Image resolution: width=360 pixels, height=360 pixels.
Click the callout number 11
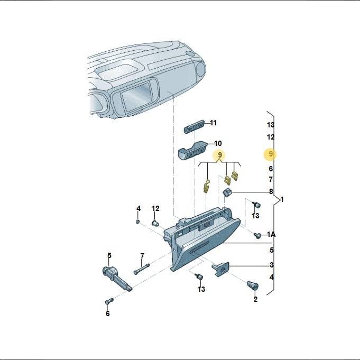click(213, 123)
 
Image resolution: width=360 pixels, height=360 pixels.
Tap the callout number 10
click(218, 143)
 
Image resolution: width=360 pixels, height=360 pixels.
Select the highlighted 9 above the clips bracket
click(220, 155)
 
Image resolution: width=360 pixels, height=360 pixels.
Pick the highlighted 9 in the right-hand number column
click(271, 154)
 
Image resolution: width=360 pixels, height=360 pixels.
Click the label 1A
click(271, 234)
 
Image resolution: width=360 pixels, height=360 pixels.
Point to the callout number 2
click(255, 299)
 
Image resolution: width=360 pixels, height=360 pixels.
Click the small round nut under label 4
click(138, 221)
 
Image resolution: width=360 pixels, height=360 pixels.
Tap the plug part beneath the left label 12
click(155, 223)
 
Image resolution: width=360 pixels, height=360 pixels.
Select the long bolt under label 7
click(142, 269)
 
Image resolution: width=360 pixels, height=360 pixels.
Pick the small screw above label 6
click(109, 301)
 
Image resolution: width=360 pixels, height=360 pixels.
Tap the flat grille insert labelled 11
click(194, 126)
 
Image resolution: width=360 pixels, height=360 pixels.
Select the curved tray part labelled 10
click(192, 150)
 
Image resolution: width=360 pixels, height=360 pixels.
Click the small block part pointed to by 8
click(228, 192)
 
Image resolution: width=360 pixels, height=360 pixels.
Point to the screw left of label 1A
click(257, 235)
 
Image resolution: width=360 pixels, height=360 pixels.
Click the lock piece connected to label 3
click(220, 269)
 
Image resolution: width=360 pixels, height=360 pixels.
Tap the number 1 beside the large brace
click(282, 199)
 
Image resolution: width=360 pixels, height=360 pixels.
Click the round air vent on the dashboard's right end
click(200, 69)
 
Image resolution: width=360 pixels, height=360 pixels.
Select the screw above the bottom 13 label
click(199, 276)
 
